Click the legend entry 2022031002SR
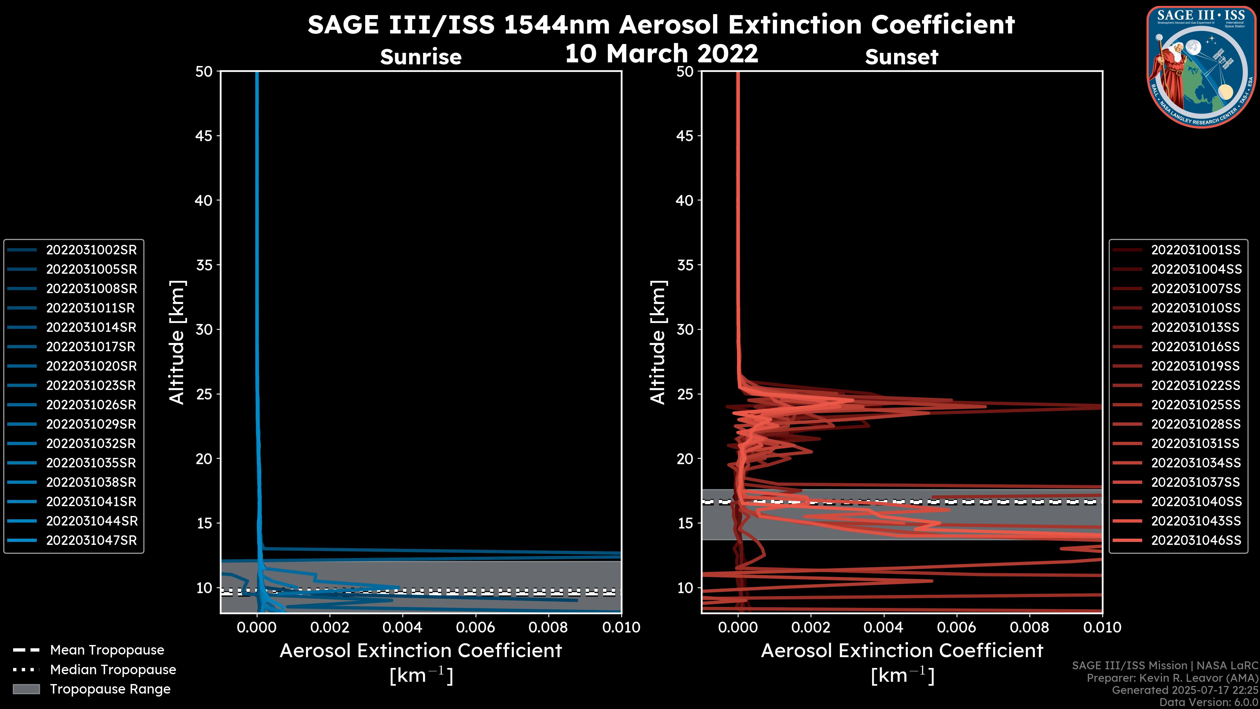pyautogui.click(x=91, y=250)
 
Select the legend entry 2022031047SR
pyautogui.click(x=91, y=541)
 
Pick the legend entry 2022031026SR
pyautogui.click(x=91, y=405)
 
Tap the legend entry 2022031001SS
pyautogui.click(x=1195, y=250)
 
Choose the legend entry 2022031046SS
pyautogui.click(x=1195, y=541)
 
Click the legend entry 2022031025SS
pyautogui.click(x=1195, y=405)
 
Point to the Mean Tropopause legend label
pyautogui.click(x=107, y=650)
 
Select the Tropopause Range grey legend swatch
pyautogui.click(x=26, y=689)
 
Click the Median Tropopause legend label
pyautogui.click(x=113, y=670)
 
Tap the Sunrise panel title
pyautogui.click(x=421, y=57)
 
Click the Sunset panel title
pyautogui.click(x=901, y=57)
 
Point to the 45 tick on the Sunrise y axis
pyautogui.click(x=204, y=136)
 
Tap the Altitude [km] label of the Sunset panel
pyautogui.click(x=658, y=342)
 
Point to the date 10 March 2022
pyautogui.click(x=661, y=53)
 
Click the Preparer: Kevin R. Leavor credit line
pyautogui.click(x=1172, y=678)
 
